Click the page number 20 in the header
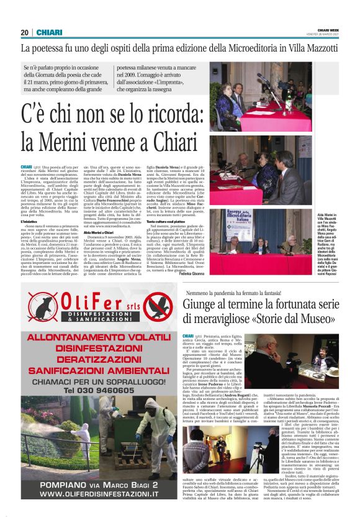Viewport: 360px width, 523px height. [x=25, y=32]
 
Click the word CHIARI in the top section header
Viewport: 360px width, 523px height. [x=48, y=32]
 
